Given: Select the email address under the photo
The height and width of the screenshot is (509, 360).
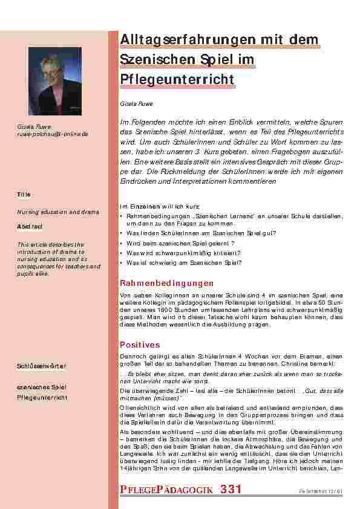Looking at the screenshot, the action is pyautogui.click(x=52, y=134).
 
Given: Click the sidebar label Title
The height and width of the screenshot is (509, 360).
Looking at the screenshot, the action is pyautogui.click(x=24, y=195).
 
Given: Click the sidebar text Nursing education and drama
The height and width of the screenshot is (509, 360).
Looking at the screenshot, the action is pyautogui.click(x=57, y=212).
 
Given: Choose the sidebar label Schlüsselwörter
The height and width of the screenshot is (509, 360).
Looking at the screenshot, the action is pyautogui.click(x=42, y=366).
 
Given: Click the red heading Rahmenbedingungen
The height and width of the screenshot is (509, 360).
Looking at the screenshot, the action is pyautogui.click(x=167, y=282).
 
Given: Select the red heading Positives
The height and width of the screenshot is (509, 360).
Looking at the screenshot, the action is pyautogui.click(x=140, y=344).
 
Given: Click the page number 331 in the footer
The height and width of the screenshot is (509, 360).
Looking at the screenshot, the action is pyautogui.click(x=232, y=489).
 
